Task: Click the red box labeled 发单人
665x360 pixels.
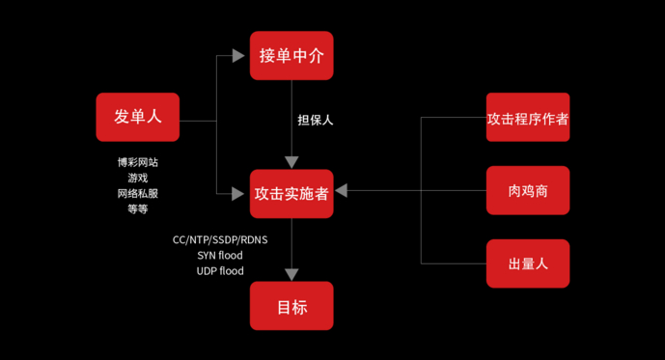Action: pyautogui.click(x=138, y=117)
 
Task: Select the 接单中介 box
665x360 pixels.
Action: pyautogui.click(x=291, y=56)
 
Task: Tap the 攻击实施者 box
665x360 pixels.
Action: pyautogui.click(x=291, y=193)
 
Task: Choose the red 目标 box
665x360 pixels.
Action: pyautogui.click(x=291, y=307)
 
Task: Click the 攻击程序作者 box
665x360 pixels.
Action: pyautogui.click(x=528, y=118)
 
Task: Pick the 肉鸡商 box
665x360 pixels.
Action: pyautogui.click(x=528, y=190)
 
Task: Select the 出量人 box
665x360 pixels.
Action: pyautogui.click(x=528, y=263)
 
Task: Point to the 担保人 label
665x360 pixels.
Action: pyautogui.click(x=316, y=121)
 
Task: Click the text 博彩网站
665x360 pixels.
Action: pyautogui.click(x=138, y=162)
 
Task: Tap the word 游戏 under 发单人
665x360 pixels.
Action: pyautogui.click(x=138, y=178)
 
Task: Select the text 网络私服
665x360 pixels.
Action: pyautogui.click(x=138, y=193)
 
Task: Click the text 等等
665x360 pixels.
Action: pyautogui.click(x=138, y=208)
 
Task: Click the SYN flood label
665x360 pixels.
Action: pyautogui.click(x=220, y=255)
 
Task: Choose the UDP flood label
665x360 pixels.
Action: pyautogui.click(x=220, y=271)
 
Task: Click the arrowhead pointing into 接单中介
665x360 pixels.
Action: pyautogui.click(x=240, y=56)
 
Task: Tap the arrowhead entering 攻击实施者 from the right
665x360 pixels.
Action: pyautogui.click(x=342, y=191)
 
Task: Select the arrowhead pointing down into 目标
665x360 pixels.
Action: pyautogui.click(x=291, y=274)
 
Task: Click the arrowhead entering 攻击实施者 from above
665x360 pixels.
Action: pyautogui.click(x=291, y=161)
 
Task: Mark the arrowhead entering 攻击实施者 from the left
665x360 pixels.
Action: pyautogui.click(x=240, y=193)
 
